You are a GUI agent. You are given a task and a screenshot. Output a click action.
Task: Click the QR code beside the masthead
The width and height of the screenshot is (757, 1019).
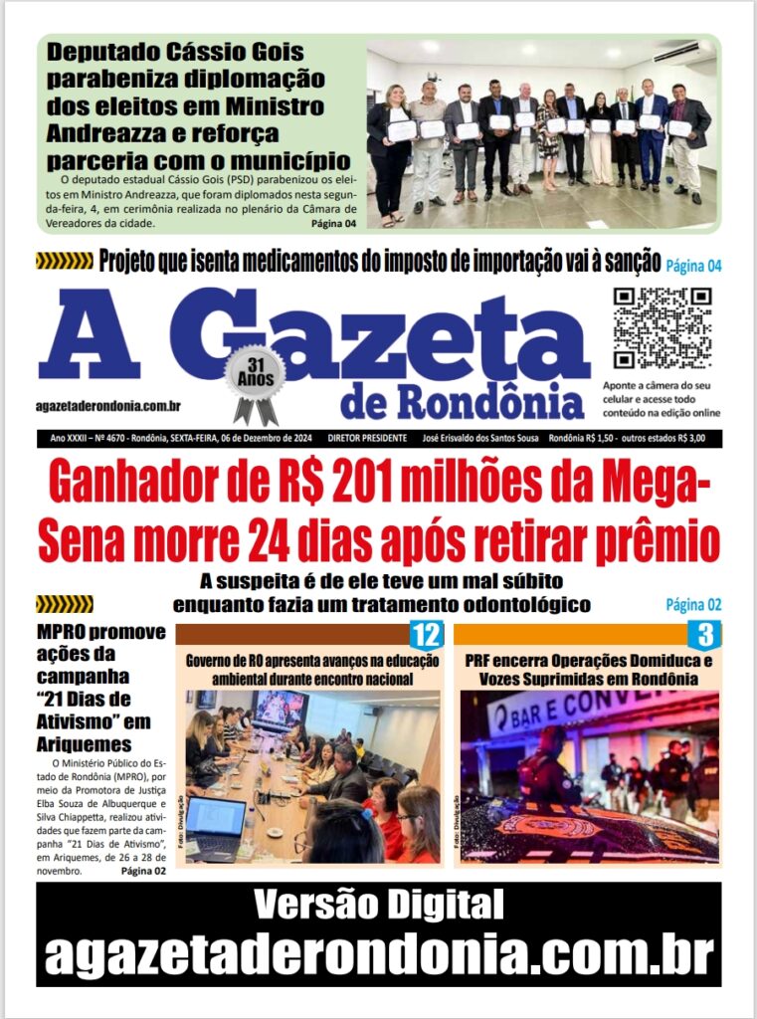[x=662, y=327]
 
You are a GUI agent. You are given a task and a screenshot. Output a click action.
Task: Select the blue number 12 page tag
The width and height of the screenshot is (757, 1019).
[x=426, y=635]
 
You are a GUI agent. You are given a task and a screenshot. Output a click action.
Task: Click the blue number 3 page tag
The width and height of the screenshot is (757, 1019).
[x=704, y=635]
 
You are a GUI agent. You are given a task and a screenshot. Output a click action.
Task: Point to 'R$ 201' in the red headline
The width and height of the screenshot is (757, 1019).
[x=344, y=485]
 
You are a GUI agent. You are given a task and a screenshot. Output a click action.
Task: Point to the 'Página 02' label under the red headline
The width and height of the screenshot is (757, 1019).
[x=693, y=604]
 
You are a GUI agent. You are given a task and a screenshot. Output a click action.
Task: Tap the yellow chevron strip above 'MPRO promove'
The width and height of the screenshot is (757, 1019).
[x=64, y=604]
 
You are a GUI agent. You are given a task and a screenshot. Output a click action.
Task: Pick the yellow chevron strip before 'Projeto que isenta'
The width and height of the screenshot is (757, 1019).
[x=64, y=262]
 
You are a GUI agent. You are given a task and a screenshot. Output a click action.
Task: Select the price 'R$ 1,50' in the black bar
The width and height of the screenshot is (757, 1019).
[x=595, y=438]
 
